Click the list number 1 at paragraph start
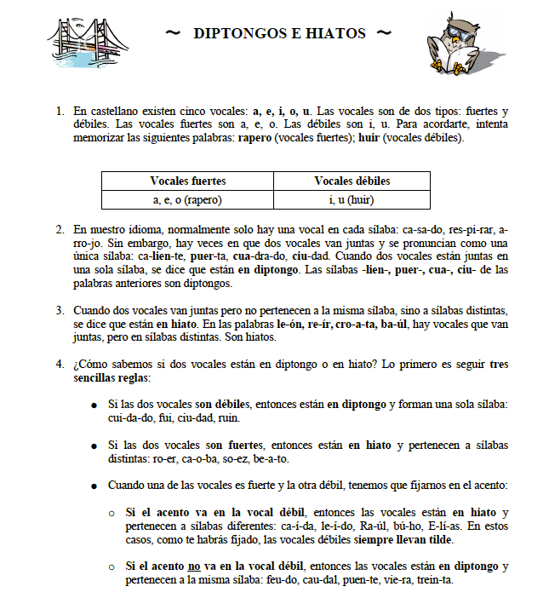click(x=60, y=112)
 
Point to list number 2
click(x=60, y=230)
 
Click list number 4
click(x=60, y=364)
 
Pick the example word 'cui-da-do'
click(x=134, y=418)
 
